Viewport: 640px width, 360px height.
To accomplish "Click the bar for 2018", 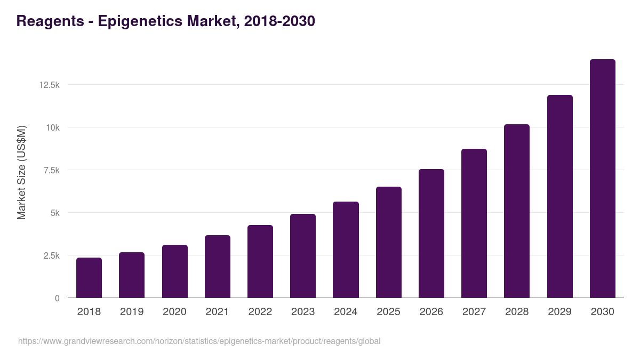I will pyautogui.click(x=89, y=278).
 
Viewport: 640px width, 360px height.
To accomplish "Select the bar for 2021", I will pyautogui.click(x=218, y=267).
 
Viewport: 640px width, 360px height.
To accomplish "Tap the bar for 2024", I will pyautogui.click(x=346, y=250).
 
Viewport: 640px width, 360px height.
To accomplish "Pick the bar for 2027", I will pyautogui.click(x=474, y=223).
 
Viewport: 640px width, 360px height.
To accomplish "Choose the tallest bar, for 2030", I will pyautogui.click(x=602, y=179).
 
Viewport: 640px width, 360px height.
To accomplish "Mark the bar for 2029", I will pyautogui.click(x=559, y=196).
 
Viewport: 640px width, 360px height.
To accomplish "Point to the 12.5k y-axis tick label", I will pyautogui.click(x=49, y=85).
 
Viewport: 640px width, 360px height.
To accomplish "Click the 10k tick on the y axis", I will pyautogui.click(x=52, y=127).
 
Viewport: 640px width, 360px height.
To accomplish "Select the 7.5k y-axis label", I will pyautogui.click(x=51, y=170).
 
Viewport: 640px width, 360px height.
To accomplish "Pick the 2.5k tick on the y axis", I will pyautogui.click(x=51, y=255).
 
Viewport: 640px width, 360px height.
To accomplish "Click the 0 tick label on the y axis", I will pyautogui.click(x=57, y=298).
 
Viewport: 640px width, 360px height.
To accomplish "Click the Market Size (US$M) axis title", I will pyautogui.click(x=21, y=172).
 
